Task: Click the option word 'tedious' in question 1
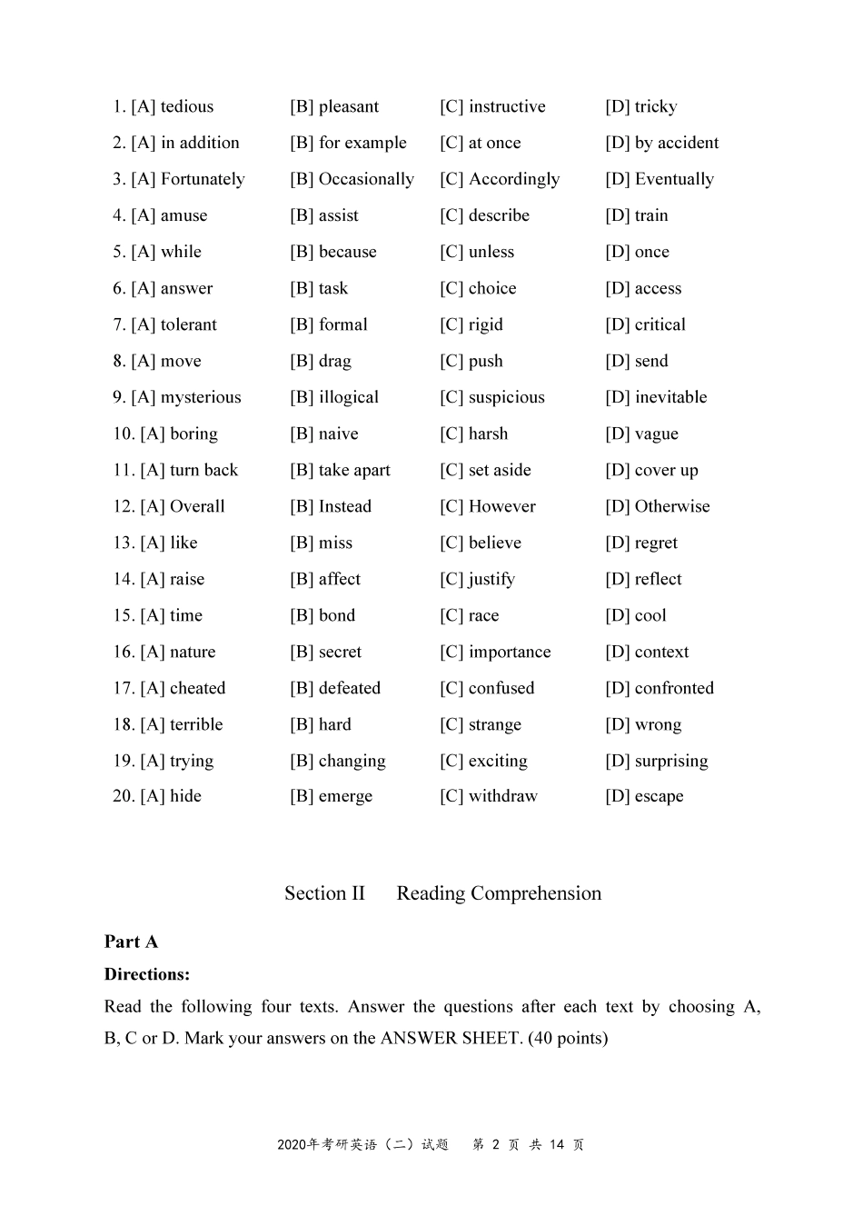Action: (187, 106)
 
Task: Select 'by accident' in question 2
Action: (677, 143)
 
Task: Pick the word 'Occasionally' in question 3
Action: (366, 179)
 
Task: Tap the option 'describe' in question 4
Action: (499, 215)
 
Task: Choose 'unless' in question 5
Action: (491, 252)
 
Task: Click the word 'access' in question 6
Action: (658, 288)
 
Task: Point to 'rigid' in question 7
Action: (486, 324)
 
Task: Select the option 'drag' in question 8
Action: (335, 361)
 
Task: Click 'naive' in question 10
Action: (339, 434)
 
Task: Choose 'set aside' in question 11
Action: (500, 470)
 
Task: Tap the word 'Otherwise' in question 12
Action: (672, 506)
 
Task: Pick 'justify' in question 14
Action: (491, 579)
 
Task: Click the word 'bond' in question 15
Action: (337, 615)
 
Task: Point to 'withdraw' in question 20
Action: (503, 796)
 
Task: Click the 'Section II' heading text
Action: (324, 893)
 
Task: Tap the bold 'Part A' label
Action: (131, 942)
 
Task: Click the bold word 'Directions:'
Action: (147, 974)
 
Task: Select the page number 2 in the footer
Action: (496, 1145)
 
